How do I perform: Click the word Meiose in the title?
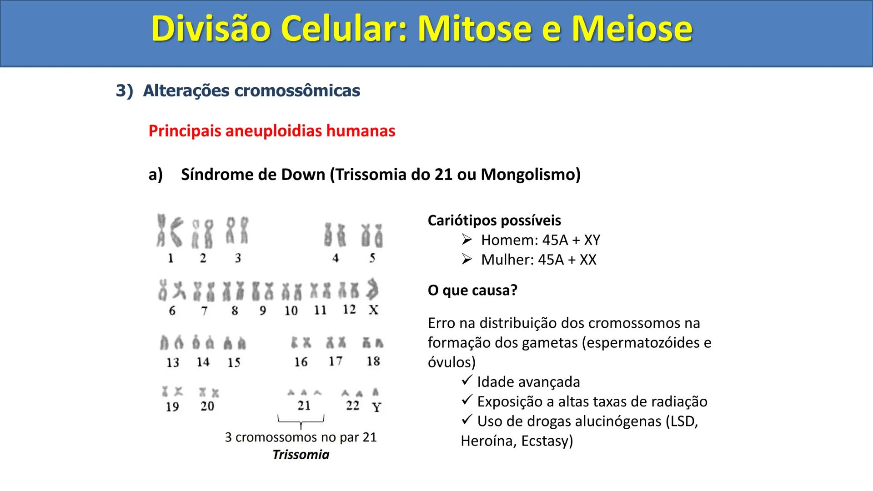pyautogui.click(x=632, y=29)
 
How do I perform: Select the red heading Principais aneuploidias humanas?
pyautogui.click(x=271, y=131)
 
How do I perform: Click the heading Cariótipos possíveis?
pyautogui.click(x=494, y=220)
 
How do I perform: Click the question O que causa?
pyautogui.click(x=472, y=290)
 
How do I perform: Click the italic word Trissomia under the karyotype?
pyautogui.click(x=301, y=455)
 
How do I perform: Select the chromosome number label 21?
pyautogui.click(x=304, y=406)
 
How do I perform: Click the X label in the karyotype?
pyautogui.click(x=373, y=310)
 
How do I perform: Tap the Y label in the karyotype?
pyautogui.click(x=376, y=407)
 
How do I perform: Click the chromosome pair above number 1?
pyautogui.click(x=169, y=231)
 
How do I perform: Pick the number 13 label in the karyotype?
pyautogui.click(x=173, y=362)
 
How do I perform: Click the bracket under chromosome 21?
pyautogui.click(x=301, y=421)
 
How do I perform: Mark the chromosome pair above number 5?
pyautogui.click(x=372, y=235)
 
